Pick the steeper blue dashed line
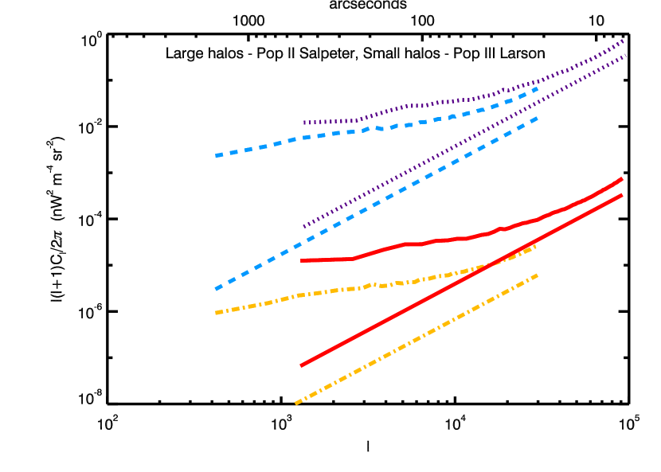pyautogui.click(x=374, y=204)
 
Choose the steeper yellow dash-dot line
pyautogui.click(x=414, y=340)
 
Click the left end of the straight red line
pyautogui.click(x=302, y=365)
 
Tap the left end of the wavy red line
pyautogui.click(x=303, y=260)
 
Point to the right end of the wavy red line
pyautogui.click(x=621, y=179)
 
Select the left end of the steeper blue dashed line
pyautogui.click(x=216, y=288)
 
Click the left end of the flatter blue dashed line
pyautogui.click(x=216, y=155)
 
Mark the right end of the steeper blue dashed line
pyautogui.click(x=538, y=118)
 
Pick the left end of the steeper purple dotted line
pyautogui.click(x=304, y=227)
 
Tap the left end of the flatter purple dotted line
pyautogui.click(x=304, y=123)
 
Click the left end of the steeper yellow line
pyautogui.click(x=295, y=404)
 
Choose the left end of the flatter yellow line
pyautogui.click(x=216, y=313)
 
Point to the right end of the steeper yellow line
pyautogui.click(x=538, y=275)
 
